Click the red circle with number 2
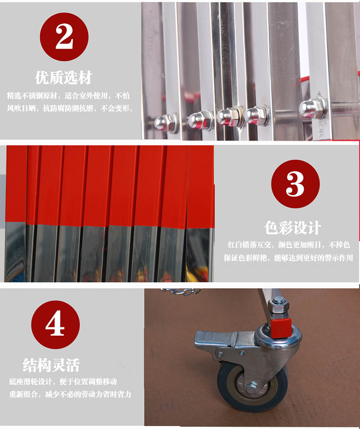point(64,36)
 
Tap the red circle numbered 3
point(295,184)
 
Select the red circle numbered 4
point(55,325)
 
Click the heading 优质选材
point(63,78)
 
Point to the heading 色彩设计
point(293,227)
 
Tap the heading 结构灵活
point(51,365)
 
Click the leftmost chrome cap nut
point(165,123)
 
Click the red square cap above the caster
point(281,328)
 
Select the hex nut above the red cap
point(278,306)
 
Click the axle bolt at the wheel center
point(251,388)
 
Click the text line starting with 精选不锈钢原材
point(68,96)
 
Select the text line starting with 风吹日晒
point(70,109)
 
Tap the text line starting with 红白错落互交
point(289,245)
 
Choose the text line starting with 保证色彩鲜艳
point(288,258)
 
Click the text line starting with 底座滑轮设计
point(63,382)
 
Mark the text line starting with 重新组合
point(70,394)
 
